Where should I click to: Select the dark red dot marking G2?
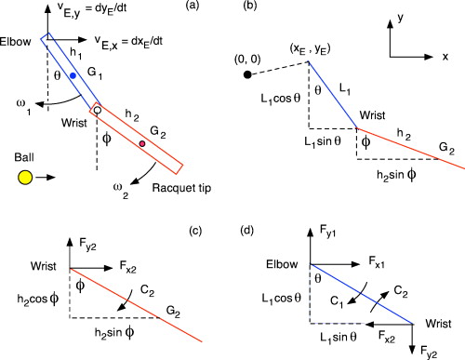(142, 144)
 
